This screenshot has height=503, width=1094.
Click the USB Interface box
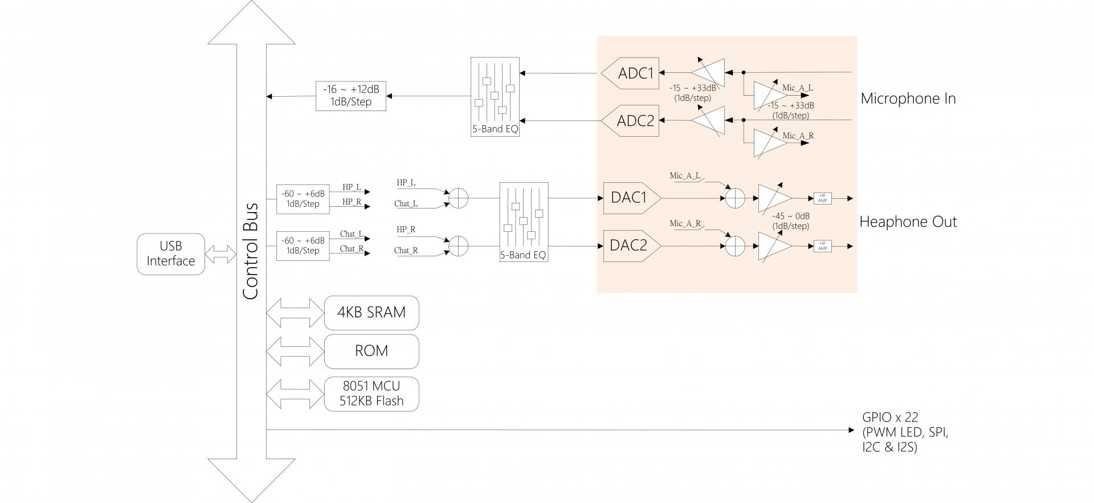[170, 254]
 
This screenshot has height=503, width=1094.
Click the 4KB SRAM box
[372, 313]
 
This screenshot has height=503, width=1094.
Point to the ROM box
[372, 351]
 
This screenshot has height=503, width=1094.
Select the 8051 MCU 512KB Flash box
[372, 394]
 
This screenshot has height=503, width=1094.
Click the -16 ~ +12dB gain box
[350, 96]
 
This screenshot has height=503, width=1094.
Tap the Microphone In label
[908, 99]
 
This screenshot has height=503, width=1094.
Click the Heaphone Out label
[908, 222]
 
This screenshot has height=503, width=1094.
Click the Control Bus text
[251, 251]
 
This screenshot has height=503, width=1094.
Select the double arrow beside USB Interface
[221, 254]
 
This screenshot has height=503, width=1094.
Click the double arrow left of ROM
[295, 351]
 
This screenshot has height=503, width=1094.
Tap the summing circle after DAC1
[735, 198]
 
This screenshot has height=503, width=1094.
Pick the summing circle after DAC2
[735, 246]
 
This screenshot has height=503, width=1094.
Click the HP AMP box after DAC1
[822, 198]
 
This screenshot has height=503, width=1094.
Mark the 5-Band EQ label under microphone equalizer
[495, 129]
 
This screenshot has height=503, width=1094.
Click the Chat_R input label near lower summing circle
[406, 251]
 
